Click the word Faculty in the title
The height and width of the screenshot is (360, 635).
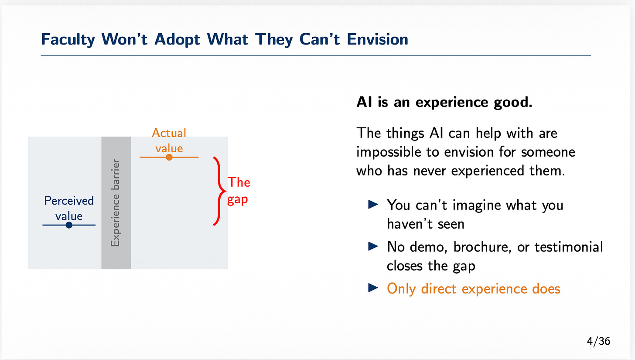68,39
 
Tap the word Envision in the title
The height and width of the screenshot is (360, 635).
377,39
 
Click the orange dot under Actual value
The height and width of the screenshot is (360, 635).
169,157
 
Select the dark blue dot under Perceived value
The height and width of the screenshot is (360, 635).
69,225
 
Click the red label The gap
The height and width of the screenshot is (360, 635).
239,190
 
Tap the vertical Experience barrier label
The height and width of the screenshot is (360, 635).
116,203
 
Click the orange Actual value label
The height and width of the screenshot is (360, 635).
169,141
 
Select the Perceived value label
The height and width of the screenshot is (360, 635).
69,208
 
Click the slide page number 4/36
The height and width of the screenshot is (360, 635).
598,341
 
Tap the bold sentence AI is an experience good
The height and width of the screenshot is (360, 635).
444,102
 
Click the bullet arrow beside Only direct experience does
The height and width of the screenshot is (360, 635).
373,288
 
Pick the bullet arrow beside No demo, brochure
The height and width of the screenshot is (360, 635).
373,246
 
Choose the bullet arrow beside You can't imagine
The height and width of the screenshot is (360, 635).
373,204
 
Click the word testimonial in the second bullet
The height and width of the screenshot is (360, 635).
569,247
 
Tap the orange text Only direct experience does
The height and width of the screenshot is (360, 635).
474,289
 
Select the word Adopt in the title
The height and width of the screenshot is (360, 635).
178,40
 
